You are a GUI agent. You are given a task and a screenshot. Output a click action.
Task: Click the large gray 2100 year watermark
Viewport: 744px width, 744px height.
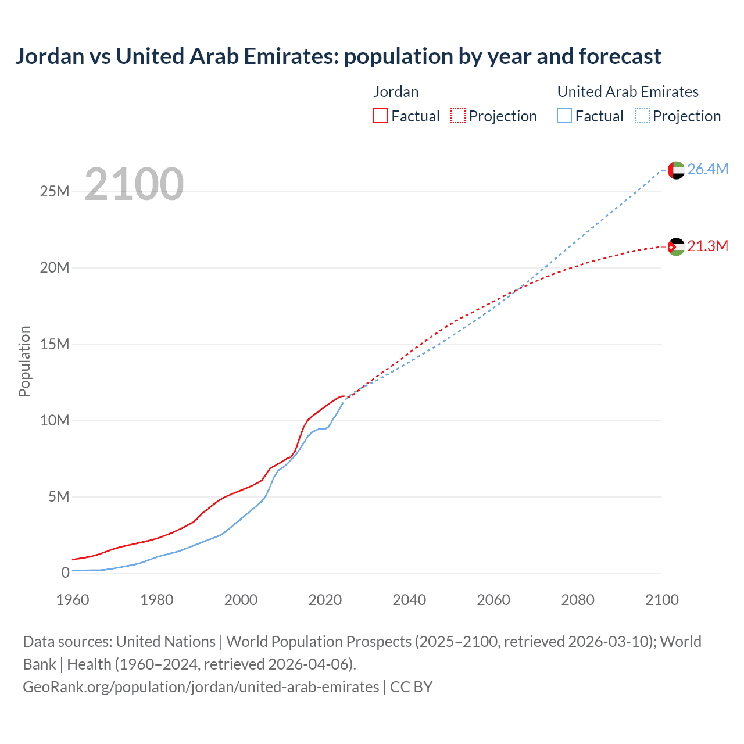tap(134, 184)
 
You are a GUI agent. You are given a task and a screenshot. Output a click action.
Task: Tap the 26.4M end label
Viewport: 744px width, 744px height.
tap(707, 169)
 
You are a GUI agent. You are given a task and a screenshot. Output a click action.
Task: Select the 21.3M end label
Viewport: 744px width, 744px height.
tap(707, 246)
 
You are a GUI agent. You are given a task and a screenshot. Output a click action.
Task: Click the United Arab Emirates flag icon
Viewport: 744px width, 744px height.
tap(676, 170)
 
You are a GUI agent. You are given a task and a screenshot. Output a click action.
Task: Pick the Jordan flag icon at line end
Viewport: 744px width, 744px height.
tap(676, 247)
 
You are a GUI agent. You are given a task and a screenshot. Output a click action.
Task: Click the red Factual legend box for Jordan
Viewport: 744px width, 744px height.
tap(381, 116)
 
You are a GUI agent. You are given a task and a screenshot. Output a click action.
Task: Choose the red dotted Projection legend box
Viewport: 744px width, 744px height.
tap(458, 116)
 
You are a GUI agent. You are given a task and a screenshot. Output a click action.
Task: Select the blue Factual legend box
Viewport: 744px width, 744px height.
tap(564, 116)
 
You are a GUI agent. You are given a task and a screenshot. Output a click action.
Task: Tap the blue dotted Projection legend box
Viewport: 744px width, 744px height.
tap(642, 116)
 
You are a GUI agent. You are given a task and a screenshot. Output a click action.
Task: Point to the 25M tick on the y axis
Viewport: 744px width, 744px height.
tap(55, 191)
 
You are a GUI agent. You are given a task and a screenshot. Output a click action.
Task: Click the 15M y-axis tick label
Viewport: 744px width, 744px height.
tap(55, 344)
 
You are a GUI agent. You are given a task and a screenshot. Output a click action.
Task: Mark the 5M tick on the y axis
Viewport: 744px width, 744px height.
tap(59, 496)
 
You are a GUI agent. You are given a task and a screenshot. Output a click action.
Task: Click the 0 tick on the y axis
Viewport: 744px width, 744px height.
tap(66, 573)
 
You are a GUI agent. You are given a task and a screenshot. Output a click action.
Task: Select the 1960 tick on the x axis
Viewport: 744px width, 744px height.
tap(73, 600)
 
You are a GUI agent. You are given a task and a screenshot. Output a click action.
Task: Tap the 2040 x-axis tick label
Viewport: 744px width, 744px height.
tap(409, 600)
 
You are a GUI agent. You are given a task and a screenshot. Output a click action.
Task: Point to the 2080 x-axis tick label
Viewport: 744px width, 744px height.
tap(578, 600)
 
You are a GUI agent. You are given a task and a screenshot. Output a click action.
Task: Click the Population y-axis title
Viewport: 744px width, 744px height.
tap(24, 361)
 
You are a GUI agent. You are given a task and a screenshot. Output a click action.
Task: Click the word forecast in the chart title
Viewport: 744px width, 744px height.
tap(620, 56)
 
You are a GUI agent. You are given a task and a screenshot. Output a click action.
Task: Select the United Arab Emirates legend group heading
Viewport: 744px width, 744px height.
tap(628, 92)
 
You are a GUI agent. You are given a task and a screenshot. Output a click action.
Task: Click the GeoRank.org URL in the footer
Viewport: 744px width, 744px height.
tap(201, 686)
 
